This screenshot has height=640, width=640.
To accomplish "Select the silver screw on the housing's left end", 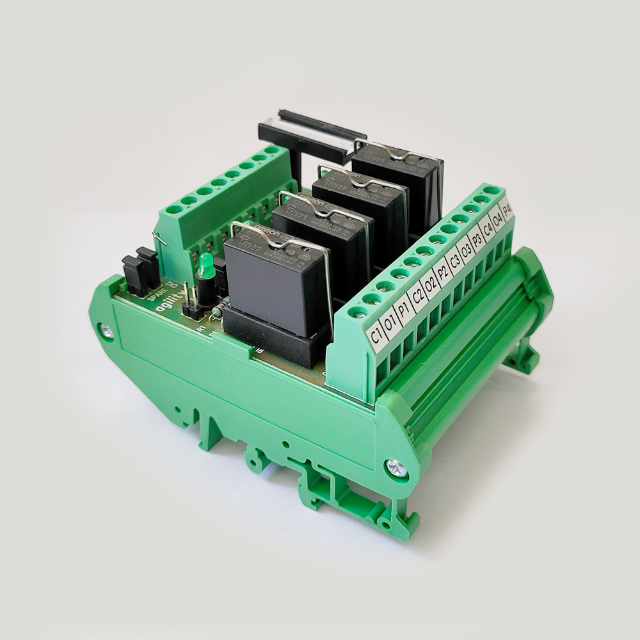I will coord(106,331).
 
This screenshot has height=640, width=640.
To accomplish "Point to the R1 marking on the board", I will coord(201,328).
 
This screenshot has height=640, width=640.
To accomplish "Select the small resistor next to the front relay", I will coord(217,310).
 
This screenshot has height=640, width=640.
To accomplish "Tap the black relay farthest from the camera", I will coord(398,176).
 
